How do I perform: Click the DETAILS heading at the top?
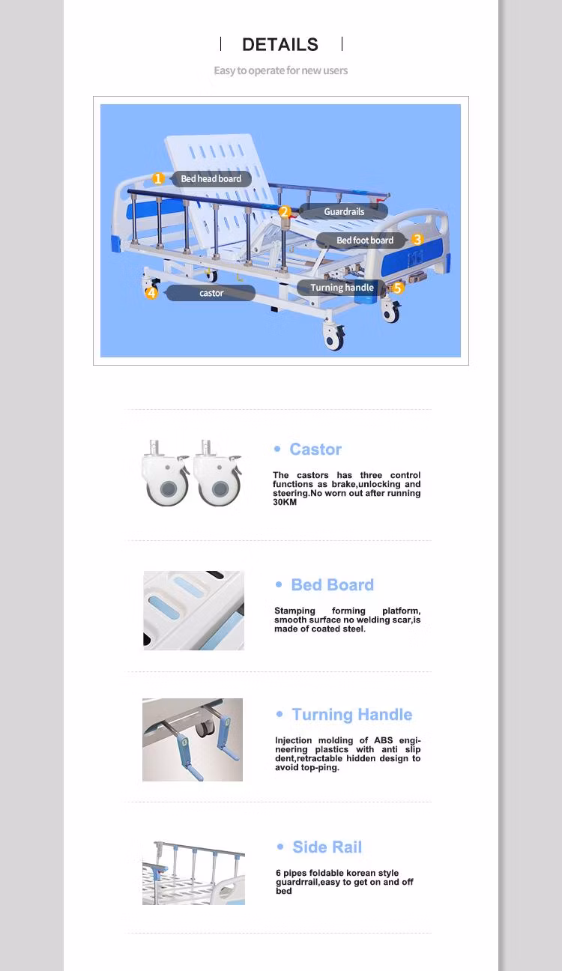pos(280,45)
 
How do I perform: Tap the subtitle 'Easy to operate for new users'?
pos(280,70)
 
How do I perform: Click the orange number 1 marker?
pos(158,178)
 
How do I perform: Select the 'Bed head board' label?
pos(211,178)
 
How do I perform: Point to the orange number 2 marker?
pos(285,211)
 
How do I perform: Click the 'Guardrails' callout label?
pos(344,211)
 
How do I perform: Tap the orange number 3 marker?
pos(417,239)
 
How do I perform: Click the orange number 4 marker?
pos(151,293)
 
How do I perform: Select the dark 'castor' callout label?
pos(211,293)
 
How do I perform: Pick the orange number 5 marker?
pos(398,288)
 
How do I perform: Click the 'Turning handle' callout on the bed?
pos(341,288)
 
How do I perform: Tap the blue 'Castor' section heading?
pos(315,449)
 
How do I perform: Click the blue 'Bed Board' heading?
pos(332,584)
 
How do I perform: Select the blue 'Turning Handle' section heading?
pos(351,714)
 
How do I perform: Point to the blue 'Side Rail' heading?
pos(327,847)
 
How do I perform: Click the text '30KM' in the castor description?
pos(285,502)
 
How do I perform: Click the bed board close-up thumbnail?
pos(193,611)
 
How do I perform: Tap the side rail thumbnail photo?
pos(193,873)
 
